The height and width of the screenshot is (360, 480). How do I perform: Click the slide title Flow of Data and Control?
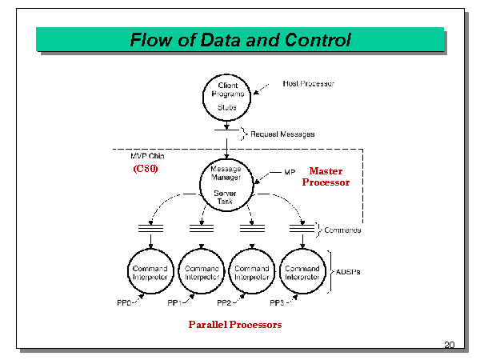(x=241, y=40)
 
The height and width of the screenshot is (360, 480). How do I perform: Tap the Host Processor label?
(x=309, y=84)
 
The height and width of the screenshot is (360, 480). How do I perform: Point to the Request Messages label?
(x=282, y=134)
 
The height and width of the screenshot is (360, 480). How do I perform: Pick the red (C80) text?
(x=146, y=169)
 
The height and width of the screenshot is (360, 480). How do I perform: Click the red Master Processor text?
(x=326, y=177)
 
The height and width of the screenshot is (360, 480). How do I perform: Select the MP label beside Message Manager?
(x=289, y=172)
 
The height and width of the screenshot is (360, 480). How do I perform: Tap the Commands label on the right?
(x=342, y=230)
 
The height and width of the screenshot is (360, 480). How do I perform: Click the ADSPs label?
(x=346, y=272)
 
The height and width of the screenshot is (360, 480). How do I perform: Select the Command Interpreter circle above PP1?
(x=202, y=272)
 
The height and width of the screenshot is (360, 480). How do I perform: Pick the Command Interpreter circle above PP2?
(x=252, y=272)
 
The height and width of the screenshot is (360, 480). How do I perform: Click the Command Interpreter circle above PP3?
(x=302, y=272)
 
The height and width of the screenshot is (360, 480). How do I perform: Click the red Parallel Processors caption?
(x=235, y=325)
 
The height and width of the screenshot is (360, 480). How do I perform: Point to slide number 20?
(x=449, y=345)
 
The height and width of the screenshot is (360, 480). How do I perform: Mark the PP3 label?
(x=278, y=304)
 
